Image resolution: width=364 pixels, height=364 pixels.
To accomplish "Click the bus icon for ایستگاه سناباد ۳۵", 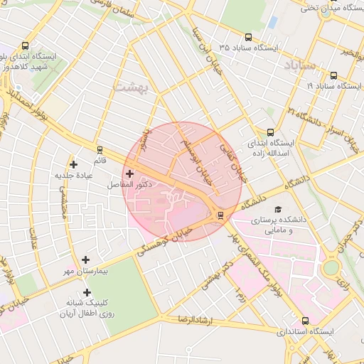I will click(248, 37).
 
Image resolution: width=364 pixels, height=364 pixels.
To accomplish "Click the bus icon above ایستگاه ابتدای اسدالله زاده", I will click(270, 132).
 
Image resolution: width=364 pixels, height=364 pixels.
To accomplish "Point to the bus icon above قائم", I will click(100, 150).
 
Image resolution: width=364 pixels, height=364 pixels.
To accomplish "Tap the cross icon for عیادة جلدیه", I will click(73, 164).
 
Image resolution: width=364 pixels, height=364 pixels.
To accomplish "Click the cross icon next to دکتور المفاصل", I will click(129, 173).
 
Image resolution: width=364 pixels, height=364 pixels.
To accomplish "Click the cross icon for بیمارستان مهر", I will click(86, 260).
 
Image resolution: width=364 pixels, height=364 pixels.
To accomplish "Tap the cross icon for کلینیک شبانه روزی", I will click(87, 292).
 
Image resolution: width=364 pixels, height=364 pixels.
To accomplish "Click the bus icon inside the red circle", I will click(220, 215).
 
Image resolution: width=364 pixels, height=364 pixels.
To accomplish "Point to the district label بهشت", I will click(129, 85).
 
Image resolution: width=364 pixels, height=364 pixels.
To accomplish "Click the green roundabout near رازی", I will click(331, 269).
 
